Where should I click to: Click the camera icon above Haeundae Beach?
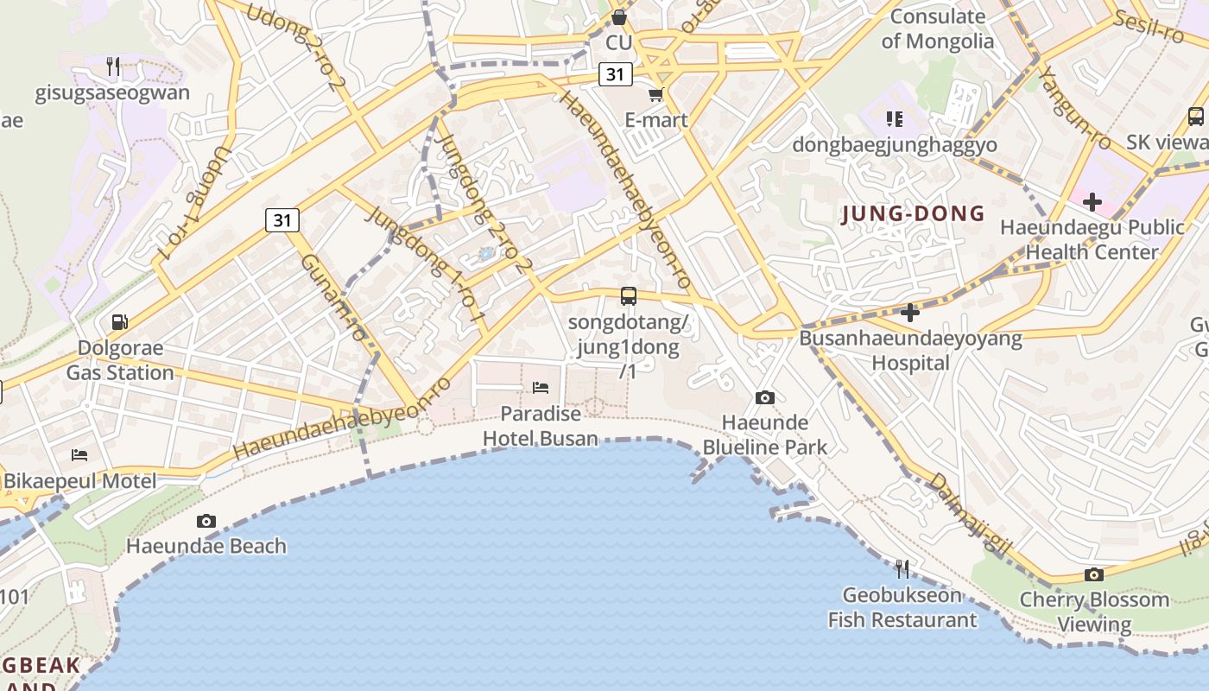coord(206,521)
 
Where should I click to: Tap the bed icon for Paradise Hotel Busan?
coord(541,387)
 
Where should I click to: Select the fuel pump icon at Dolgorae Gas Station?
coord(120,322)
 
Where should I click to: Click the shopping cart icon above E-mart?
coord(655,94)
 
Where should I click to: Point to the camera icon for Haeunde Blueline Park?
coord(764,397)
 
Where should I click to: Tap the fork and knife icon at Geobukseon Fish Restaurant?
coord(902,568)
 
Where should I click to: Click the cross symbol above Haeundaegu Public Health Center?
coord(1092,202)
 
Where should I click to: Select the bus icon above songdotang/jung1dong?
coord(629,296)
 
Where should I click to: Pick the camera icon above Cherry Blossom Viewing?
coord(1093,574)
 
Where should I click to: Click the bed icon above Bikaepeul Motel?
coord(79,454)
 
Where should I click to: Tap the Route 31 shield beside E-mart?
coord(614,74)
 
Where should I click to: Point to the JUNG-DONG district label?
coord(913,213)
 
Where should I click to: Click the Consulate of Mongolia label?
coord(938,29)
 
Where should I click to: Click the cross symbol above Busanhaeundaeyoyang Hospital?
coord(910,313)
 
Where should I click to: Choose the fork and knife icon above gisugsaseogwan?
coord(112,67)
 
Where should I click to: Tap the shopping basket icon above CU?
coord(618,16)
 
